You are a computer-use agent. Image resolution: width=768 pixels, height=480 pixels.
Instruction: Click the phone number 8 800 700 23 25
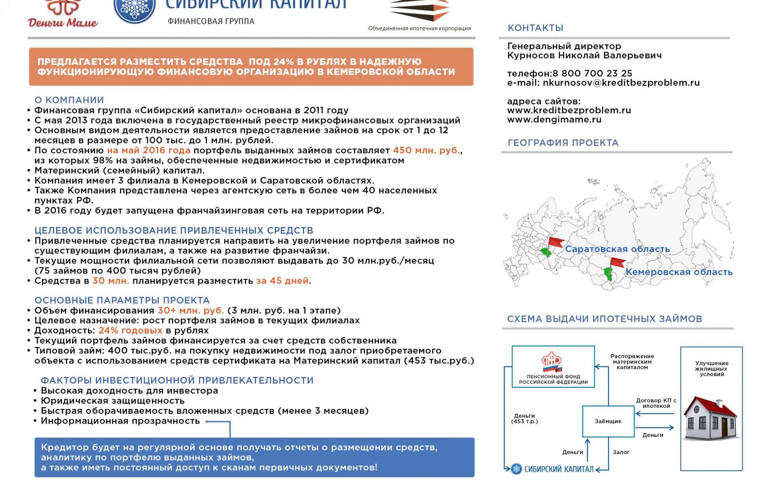[592, 73]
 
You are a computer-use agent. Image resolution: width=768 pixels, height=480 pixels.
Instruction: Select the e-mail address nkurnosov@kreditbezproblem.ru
[621, 83]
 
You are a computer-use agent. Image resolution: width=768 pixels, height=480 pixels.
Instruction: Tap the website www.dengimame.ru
[554, 120]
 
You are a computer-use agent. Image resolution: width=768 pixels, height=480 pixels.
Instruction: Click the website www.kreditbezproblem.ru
[569, 110]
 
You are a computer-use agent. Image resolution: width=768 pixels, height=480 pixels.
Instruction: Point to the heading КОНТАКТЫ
[536, 28]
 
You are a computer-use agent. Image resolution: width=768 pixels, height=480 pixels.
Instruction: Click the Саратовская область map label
[617, 249]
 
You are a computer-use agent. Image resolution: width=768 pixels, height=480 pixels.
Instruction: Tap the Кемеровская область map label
[679, 272]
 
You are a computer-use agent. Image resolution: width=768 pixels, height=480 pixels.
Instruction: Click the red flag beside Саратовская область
[555, 243]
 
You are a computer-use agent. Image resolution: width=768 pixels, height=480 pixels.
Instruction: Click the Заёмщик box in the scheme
[608, 421]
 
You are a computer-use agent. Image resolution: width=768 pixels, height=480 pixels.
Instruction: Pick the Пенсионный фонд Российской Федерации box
[553, 367]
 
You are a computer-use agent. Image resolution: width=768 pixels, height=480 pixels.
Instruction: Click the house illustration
[710, 418]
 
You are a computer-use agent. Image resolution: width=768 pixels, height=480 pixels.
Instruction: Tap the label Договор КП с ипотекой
[656, 403]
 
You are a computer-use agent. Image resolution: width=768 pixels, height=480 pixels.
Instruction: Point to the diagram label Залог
[621, 452]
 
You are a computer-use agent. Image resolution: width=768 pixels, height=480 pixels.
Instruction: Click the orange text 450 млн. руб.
[426, 150]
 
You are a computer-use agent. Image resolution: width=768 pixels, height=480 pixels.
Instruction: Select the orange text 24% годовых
[130, 331]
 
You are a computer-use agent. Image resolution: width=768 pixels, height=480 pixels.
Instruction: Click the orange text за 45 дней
[282, 281]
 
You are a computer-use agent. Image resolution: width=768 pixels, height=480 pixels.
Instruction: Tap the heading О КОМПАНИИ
[69, 100]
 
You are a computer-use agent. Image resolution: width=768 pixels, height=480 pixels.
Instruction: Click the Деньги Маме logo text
[63, 22]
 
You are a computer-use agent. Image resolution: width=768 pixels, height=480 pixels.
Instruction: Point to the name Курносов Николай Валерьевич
[584, 56]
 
